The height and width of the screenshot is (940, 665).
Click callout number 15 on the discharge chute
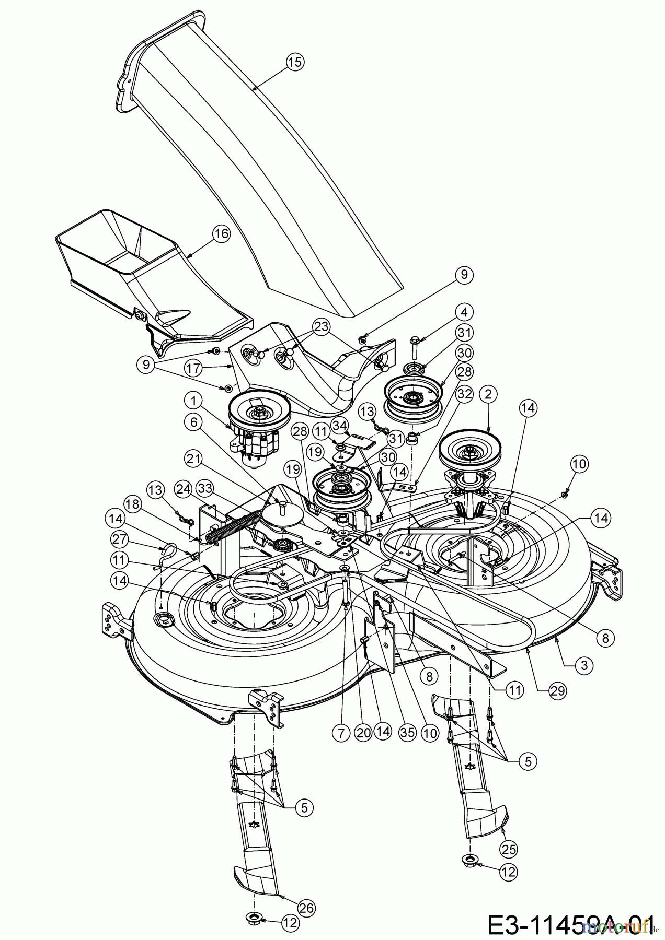[x=295, y=62]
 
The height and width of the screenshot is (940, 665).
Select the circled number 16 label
[x=222, y=233]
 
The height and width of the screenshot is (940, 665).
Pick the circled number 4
[x=464, y=312]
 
